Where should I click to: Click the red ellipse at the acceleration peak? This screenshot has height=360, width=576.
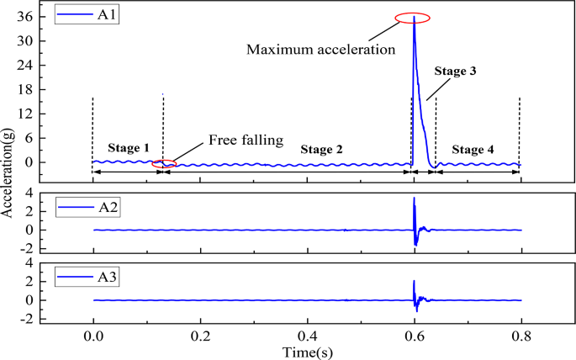(413, 18)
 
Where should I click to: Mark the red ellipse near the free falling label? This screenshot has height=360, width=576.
(165, 163)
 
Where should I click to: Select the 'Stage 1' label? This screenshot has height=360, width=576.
(128, 147)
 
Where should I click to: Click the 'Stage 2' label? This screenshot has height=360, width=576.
(321, 149)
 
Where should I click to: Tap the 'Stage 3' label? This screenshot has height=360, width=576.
(456, 72)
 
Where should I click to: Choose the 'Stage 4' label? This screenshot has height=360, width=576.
(473, 150)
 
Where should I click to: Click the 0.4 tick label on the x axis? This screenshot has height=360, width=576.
(307, 334)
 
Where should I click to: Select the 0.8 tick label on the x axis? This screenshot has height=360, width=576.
(521, 334)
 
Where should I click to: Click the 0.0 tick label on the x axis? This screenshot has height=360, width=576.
(92, 334)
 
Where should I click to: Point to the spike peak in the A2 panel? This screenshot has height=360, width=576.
(414, 198)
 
